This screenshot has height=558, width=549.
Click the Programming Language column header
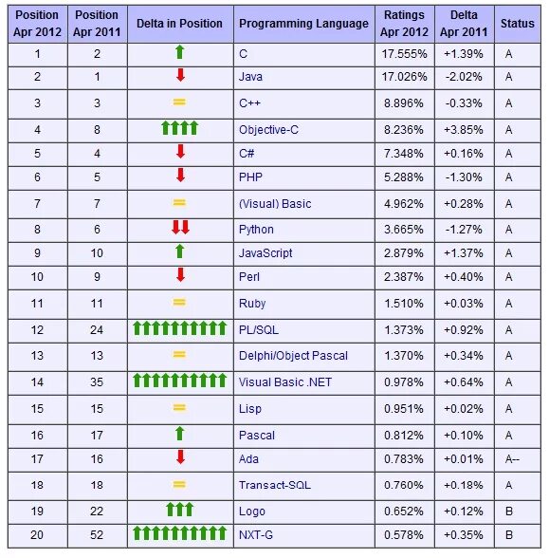click(303, 24)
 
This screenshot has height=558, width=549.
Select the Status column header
click(518, 24)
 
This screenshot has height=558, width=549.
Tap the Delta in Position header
click(179, 24)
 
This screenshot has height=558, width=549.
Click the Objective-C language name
click(268, 130)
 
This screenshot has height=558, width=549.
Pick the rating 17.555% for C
click(404, 54)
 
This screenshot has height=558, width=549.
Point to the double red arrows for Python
click(180, 228)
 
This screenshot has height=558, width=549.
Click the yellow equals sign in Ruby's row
click(179, 303)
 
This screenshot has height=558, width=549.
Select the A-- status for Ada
click(512, 459)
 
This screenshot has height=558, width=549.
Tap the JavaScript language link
click(265, 253)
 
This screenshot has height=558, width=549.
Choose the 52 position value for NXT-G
click(97, 535)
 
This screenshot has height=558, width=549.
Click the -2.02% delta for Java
click(464, 77)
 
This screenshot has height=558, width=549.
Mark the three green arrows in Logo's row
click(179, 510)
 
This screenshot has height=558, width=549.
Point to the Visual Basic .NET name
click(285, 382)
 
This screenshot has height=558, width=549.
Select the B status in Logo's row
click(509, 512)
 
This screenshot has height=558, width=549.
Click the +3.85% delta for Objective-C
click(464, 130)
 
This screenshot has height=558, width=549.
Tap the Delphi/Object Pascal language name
click(293, 356)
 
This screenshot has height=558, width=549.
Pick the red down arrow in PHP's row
click(180, 175)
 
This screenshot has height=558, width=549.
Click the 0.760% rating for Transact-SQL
click(404, 485)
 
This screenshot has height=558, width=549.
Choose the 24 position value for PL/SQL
click(97, 330)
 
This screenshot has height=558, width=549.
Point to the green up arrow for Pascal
click(180, 433)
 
